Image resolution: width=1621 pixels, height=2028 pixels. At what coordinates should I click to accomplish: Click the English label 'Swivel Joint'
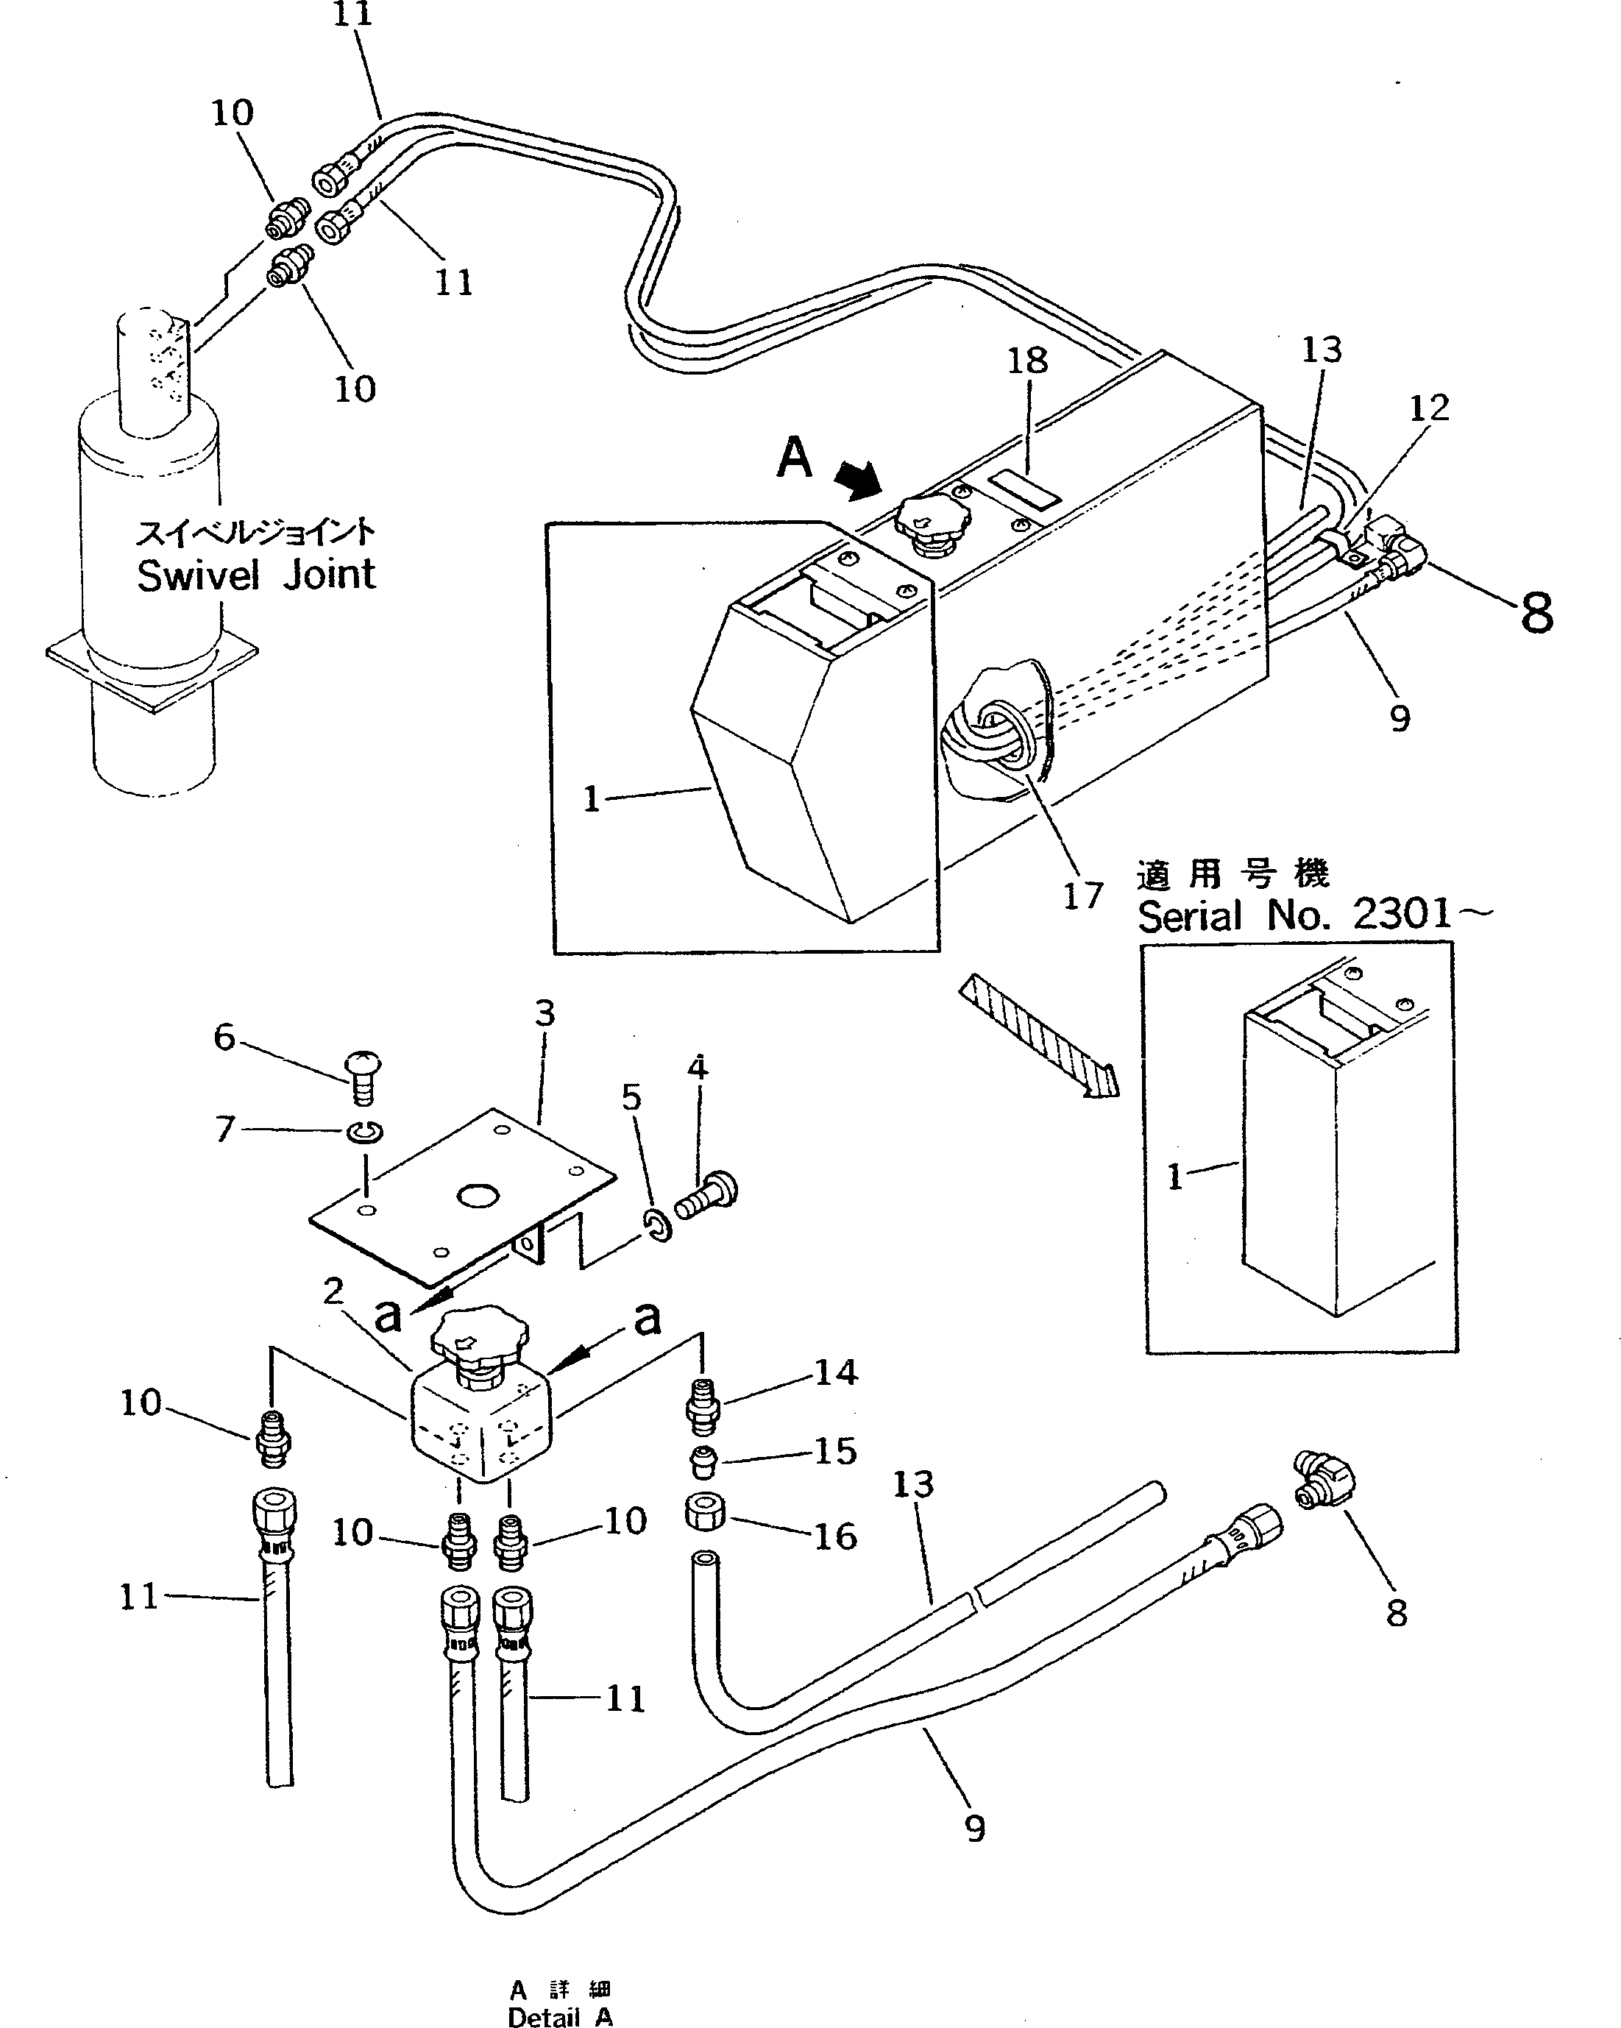pos(256,575)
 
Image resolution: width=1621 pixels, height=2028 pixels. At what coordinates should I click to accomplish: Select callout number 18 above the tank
pos(1027,361)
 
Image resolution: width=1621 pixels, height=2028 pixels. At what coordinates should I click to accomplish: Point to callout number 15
pos(835,1451)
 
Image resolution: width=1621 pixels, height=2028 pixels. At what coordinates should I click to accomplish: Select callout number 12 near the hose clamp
pos(1428,408)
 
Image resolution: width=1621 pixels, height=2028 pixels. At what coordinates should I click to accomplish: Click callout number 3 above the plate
pos(545,1014)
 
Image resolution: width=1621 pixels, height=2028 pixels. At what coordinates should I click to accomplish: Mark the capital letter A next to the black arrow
pos(794,458)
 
